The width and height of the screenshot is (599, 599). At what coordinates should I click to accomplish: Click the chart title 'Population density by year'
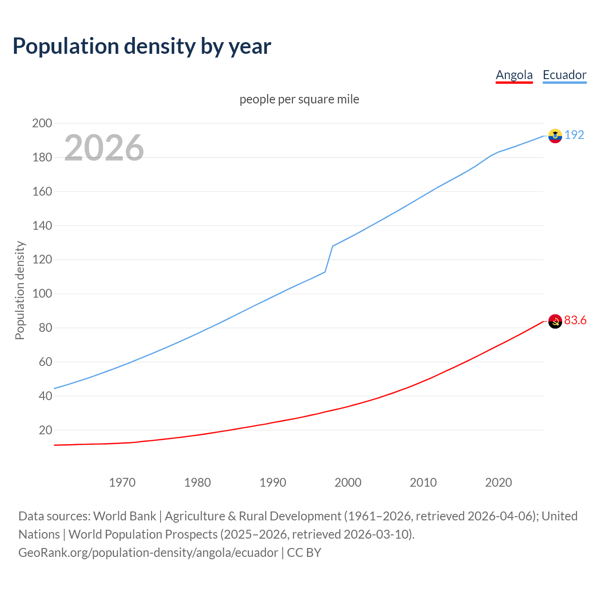(142, 46)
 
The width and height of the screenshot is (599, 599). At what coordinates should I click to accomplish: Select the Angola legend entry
(514, 75)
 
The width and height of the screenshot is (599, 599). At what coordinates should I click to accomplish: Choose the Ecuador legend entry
(564, 75)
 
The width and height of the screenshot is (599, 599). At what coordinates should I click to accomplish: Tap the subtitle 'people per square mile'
(299, 99)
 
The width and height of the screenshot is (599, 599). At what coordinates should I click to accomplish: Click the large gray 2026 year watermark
(104, 148)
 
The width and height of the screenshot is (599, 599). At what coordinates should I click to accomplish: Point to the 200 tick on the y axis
(42, 124)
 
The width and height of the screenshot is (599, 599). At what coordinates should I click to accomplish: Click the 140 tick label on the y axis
(42, 226)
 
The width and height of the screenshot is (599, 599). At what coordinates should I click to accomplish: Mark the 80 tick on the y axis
(45, 328)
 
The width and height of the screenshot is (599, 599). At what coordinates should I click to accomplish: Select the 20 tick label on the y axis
(45, 430)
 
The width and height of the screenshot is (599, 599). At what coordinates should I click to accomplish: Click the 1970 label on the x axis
(122, 482)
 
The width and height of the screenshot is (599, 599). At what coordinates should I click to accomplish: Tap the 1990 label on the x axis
(273, 482)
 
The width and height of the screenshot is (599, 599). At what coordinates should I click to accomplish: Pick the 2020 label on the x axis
(498, 482)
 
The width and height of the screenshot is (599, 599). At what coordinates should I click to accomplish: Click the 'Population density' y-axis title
(20, 290)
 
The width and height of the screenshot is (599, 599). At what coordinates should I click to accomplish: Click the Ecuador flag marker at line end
(555, 136)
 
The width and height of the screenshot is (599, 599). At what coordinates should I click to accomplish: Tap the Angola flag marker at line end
(555, 321)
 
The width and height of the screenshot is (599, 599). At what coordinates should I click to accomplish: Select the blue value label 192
(574, 135)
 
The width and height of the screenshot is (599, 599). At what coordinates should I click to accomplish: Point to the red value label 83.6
(575, 321)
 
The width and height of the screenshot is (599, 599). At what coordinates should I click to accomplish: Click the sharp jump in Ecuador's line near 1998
(329, 259)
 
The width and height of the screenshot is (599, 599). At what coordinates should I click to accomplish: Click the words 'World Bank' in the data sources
(124, 516)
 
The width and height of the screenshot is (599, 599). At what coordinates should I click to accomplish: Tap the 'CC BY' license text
(304, 553)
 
